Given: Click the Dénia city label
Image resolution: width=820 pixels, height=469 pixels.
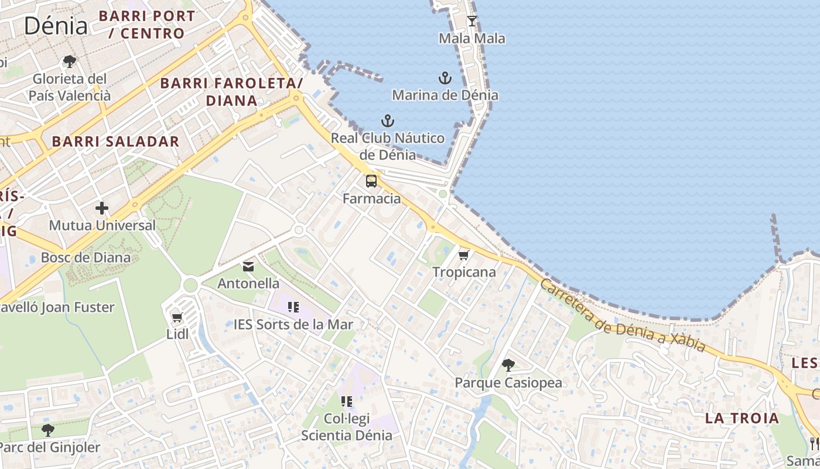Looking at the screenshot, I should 56,25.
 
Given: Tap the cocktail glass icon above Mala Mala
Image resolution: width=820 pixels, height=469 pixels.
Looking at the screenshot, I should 471,22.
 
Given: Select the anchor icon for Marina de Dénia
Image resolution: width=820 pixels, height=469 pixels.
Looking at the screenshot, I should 445,78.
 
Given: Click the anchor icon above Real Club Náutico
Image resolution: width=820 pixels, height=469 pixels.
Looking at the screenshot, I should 387,121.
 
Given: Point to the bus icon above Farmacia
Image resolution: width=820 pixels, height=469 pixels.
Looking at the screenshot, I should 371,181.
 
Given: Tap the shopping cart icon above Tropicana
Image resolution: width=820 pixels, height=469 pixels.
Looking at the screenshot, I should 464,255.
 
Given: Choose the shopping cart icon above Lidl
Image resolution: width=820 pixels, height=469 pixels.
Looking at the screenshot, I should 177,318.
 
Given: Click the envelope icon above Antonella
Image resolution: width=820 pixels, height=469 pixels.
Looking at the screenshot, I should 248,267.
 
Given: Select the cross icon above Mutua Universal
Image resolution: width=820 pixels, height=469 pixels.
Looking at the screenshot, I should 102,208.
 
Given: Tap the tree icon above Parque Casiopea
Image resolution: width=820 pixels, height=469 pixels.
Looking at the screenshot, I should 508,365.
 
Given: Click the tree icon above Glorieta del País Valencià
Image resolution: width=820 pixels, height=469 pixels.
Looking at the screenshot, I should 70,61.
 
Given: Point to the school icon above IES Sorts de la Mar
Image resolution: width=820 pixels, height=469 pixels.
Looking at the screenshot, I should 293,307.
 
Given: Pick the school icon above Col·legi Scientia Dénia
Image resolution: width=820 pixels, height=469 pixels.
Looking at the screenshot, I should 347,402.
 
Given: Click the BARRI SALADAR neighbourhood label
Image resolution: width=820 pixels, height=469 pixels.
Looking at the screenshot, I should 115,141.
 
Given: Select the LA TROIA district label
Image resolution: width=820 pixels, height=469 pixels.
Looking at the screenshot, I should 742,419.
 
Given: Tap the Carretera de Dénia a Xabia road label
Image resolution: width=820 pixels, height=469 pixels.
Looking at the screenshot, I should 622,315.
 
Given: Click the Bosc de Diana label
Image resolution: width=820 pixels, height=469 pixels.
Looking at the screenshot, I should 86,257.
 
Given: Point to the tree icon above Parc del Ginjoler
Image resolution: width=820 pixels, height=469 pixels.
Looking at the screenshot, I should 48,430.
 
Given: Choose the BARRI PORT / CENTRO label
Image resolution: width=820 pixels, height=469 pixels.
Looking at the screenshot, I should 146,25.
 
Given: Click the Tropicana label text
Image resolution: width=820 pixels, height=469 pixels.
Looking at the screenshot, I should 464,272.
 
